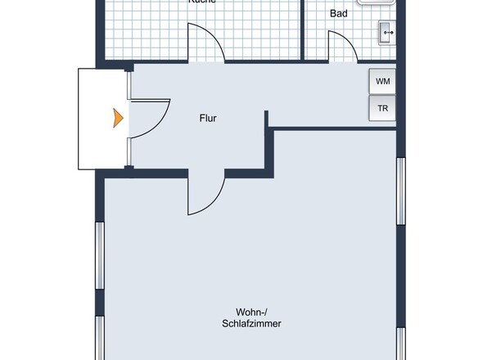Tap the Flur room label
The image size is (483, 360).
(208, 119)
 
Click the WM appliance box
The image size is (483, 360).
(382, 82)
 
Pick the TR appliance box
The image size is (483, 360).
(382, 108)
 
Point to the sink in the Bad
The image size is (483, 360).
(387, 33)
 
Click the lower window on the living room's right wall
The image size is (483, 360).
(401, 344)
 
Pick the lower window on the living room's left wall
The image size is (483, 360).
(100, 340)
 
